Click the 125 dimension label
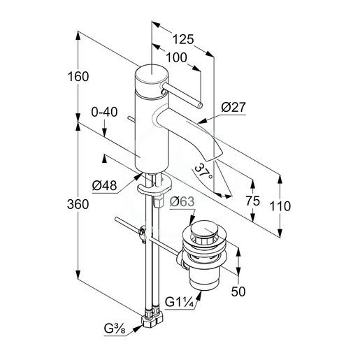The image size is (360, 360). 183,39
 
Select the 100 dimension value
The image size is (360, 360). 176,57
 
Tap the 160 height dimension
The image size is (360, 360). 78,76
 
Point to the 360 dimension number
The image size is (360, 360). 78,204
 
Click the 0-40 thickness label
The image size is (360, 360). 104,112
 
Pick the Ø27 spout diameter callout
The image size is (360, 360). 233,108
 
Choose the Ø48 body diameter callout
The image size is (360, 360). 104,186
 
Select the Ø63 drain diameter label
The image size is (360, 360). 182,202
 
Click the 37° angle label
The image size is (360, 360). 203,171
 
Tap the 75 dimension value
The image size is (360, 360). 252,201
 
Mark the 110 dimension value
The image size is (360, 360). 280,206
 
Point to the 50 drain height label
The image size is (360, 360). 238,291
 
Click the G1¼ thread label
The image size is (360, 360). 179,302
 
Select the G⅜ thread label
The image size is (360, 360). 115,329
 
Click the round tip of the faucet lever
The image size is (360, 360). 200,106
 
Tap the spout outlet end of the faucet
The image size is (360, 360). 215,157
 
